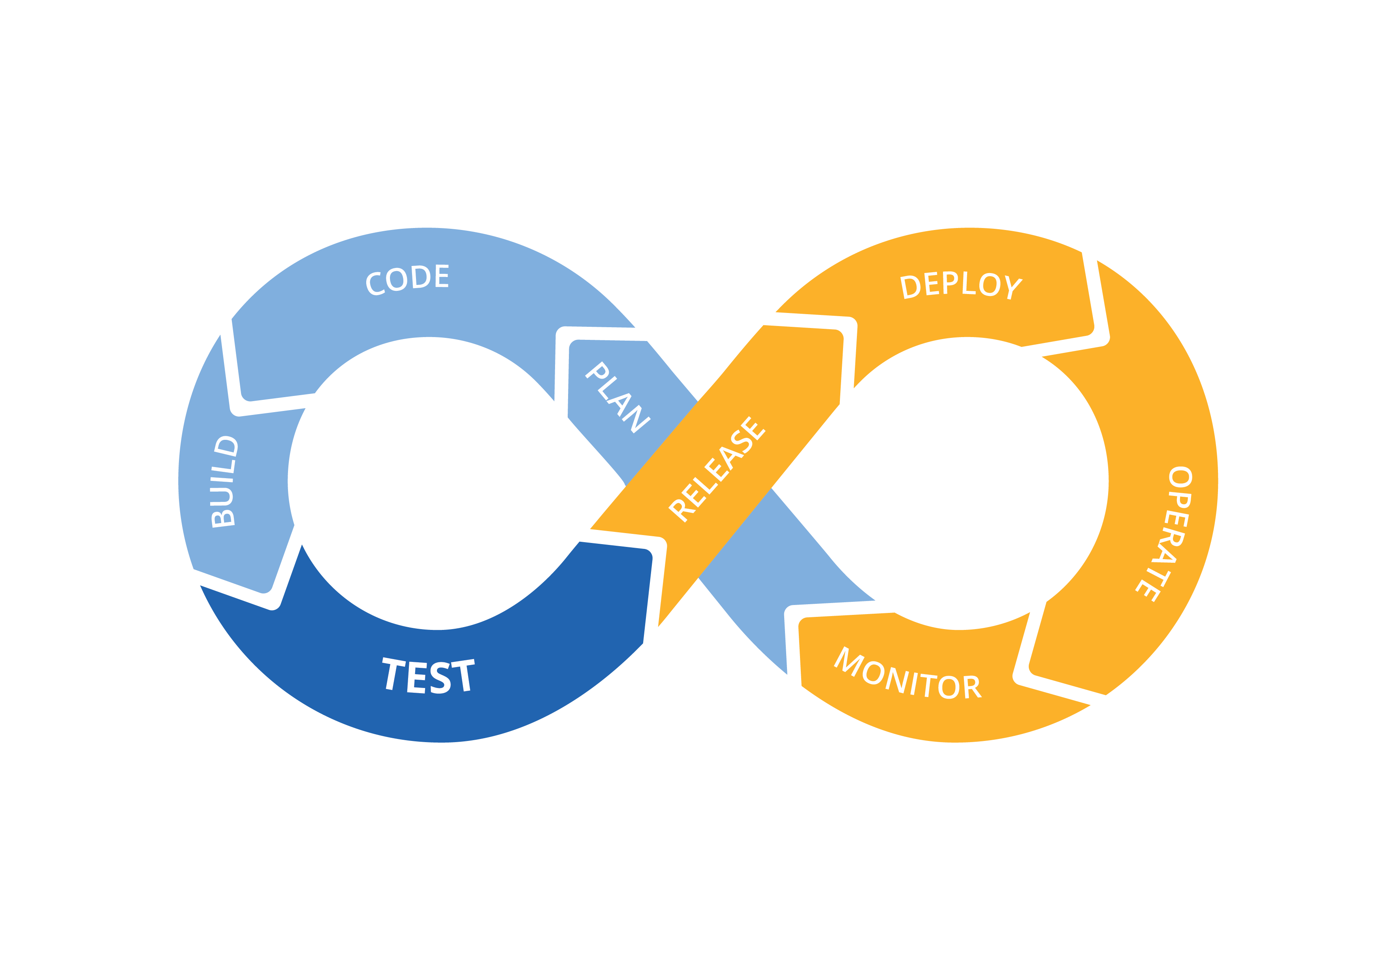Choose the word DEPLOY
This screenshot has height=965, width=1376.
coord(961,285)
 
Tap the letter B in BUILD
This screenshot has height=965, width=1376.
coord(224,516)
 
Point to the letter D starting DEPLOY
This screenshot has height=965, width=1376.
coord(910,287)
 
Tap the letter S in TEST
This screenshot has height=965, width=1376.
coord(440,678)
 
